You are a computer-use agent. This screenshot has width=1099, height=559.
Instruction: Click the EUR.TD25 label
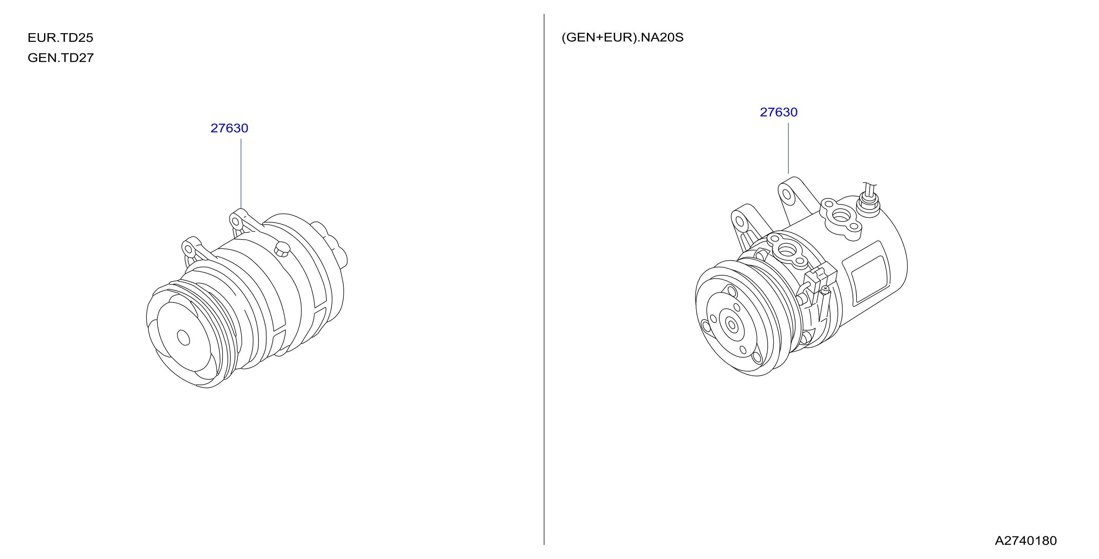tap(60, 38)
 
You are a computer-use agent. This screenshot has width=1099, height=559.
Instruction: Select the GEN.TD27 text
tap(61, 58)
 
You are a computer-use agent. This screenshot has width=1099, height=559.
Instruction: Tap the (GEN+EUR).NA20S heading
tap(622, 38)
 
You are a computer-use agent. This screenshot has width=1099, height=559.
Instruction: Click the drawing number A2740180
tap(1026, 541)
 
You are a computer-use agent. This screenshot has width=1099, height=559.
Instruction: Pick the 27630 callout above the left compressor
tap(229, 128)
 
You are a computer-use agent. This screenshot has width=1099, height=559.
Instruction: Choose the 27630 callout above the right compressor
tap(779, 112)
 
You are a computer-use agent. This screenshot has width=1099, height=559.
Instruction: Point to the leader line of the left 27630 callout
tap(241, 174)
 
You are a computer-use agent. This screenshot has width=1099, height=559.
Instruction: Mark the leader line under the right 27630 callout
tap(788, 148)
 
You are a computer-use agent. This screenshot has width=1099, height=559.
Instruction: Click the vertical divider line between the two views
tap(544, 279)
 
